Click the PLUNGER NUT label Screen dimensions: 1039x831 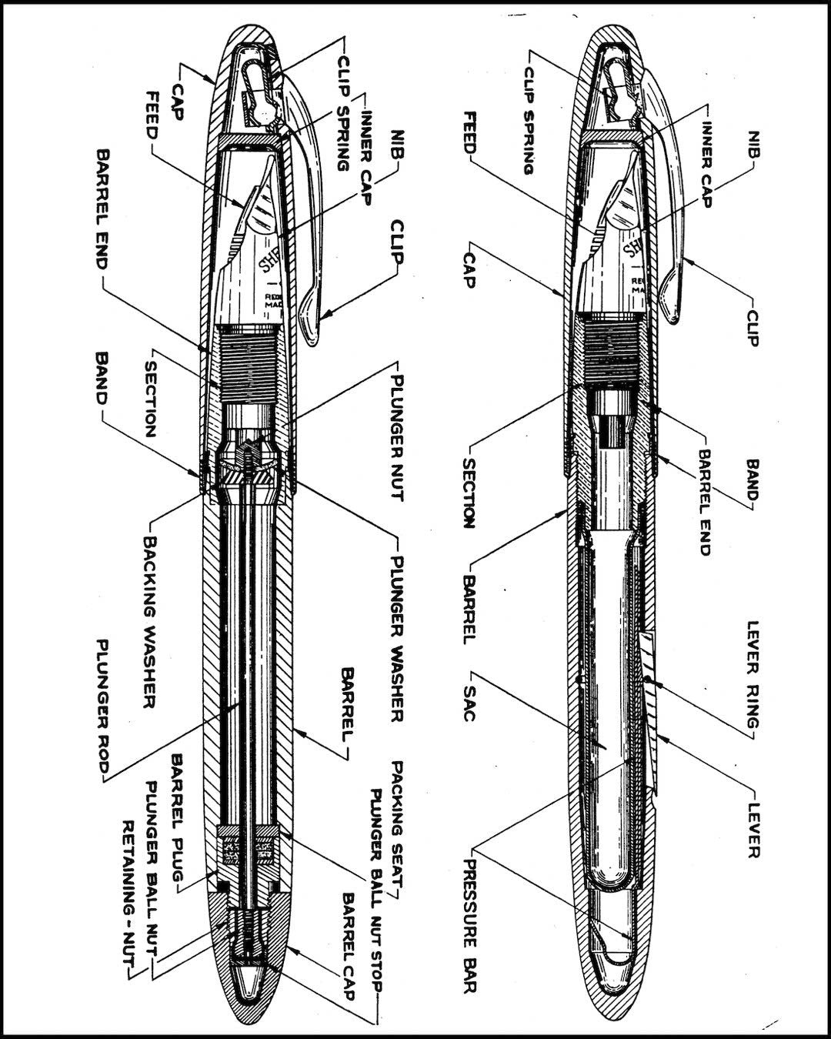click(x=396, y=438)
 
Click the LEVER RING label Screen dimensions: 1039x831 click(x=753, y=675)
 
